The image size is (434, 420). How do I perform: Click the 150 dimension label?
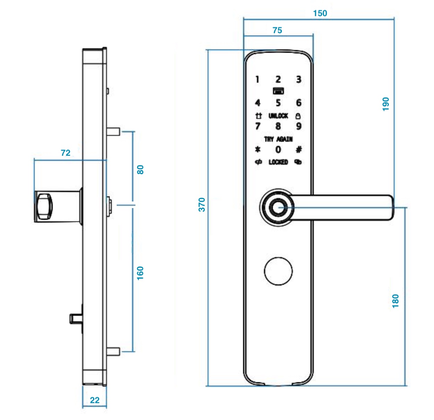[x=320, y=14]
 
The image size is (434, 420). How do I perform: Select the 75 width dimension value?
[x=277, y=30]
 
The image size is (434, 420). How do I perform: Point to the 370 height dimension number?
[x=202, y=204]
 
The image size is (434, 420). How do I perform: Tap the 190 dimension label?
[x=386, y=104]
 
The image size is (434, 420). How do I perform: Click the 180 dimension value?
[x=395, y=301]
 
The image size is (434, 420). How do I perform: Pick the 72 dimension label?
[x=66, y=153]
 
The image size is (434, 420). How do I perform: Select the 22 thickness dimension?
[x=94, y=400]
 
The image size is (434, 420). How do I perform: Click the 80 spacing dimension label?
[x=140, y=170]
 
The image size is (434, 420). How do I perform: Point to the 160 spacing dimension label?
[x=140, y=273]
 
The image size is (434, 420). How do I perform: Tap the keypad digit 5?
[x=278, y=103]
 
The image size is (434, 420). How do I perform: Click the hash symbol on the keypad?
[x=299, y=149]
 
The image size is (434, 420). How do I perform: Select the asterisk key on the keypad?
[x=258, y=149]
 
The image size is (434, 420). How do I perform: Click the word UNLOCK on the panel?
[x=278, y=116]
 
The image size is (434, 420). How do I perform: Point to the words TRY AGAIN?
[x=278, y=139]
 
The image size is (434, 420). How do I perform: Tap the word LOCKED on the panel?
[x=278, y=162]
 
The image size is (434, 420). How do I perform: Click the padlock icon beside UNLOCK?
[x=298, y=116]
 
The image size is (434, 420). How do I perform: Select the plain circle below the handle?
[x=278, y=271]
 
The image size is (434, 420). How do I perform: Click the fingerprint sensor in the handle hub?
[x=278, y=207]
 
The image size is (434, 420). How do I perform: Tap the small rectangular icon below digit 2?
[x=278, y=91]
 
